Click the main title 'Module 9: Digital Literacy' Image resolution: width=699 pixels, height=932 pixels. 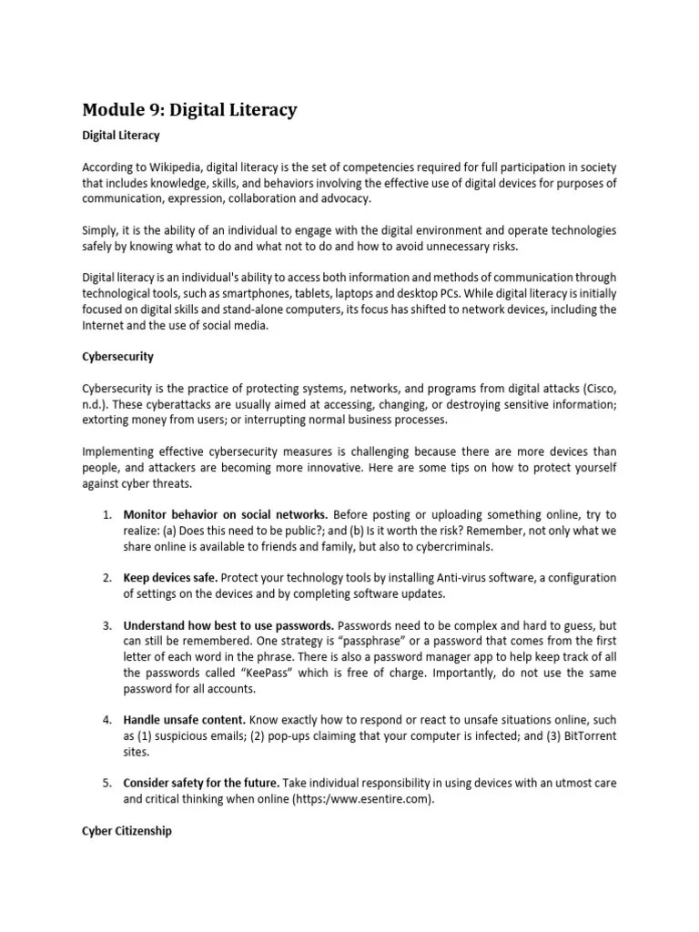pyautogui.click(x=189, y=110)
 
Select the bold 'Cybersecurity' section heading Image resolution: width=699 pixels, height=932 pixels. pyautogui.click(x=118, y=357)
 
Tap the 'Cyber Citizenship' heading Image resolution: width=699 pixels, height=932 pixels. pyautogui.click(x=127, y=831)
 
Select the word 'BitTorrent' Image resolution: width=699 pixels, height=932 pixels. pyautogui.click(x=582, y=736)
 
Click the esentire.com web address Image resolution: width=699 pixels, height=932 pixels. pyautogui.click(x=363, y=800)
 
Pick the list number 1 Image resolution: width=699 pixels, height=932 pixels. pyautogui.click(x=106, y=515)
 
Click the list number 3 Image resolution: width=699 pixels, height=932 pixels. pyautogui.click(x=106, y=626)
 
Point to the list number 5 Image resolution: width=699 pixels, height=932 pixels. pyautogui.click(x=106, y=784)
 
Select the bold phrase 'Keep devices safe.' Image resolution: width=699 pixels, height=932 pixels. pyautogui.click(x=170, y=578)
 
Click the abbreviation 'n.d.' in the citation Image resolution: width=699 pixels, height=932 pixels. pyautogui.click(x=95, y=405)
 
